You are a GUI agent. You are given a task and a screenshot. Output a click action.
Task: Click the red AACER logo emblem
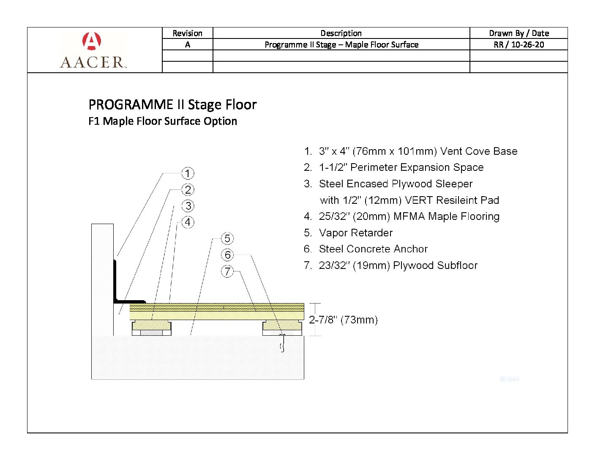point(92,41)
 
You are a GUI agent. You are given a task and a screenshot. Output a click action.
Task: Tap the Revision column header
point(187,33)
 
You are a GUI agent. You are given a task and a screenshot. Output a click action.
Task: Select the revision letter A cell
point(187,44)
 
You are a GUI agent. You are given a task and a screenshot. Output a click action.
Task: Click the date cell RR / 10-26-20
point(519,44)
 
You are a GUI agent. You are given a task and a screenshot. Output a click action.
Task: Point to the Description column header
point(341,33)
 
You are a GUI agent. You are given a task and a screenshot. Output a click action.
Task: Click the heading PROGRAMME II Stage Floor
point(172,105)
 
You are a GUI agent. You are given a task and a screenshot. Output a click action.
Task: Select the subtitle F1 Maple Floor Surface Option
point(163,121)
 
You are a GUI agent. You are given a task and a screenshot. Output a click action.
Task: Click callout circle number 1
point(188,173)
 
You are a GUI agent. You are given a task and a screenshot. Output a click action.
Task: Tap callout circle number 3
point(188,206)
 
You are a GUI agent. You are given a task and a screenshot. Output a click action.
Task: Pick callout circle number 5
point(227,238)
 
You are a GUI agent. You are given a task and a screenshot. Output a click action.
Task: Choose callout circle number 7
point(227,271)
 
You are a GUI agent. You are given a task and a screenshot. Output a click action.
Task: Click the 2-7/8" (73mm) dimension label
point(344,320)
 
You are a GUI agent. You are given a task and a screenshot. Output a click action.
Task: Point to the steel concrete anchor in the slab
point(282,343)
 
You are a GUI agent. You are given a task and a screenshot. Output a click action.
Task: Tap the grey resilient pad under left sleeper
point(151,333)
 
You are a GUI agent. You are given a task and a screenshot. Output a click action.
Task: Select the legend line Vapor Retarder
point(348,233)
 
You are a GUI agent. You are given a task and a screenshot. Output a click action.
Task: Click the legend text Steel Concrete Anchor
point(366,249)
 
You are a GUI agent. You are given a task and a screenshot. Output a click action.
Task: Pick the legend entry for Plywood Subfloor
point(391,266)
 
